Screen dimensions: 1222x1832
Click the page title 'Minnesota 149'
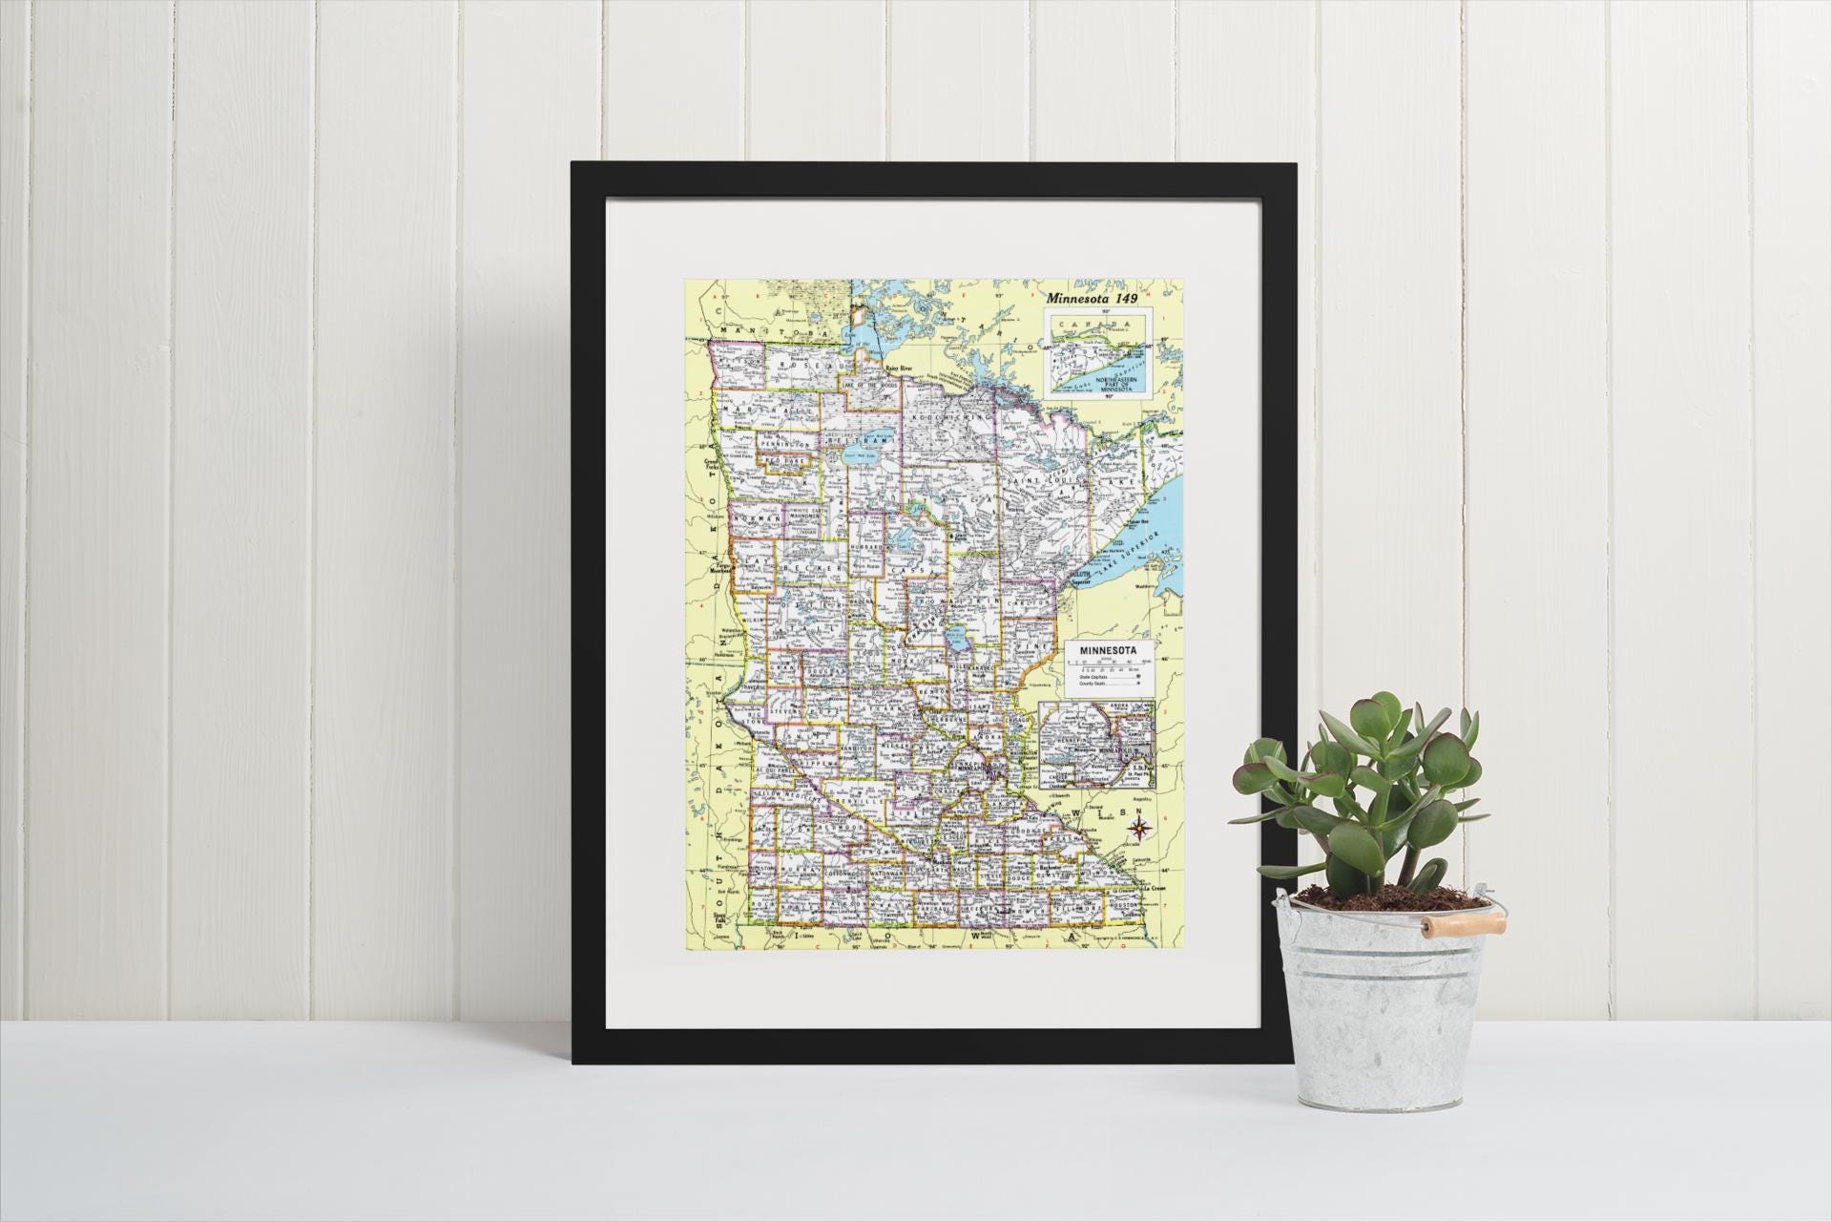click(x=1099, y=298)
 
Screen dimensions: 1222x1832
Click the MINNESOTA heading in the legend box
click(x=1107, y=650)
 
